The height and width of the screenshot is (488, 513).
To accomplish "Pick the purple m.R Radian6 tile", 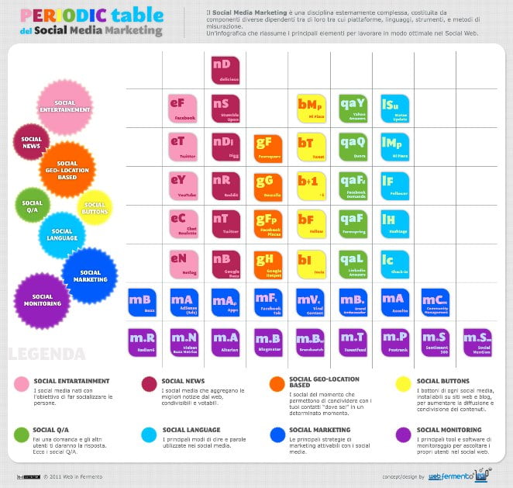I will pos(142,342).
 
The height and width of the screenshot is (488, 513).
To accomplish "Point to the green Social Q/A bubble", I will pos(32,203).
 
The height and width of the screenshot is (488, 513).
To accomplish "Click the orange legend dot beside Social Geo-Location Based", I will pos(276,383).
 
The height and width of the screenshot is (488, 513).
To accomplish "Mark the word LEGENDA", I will pos(46,355).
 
